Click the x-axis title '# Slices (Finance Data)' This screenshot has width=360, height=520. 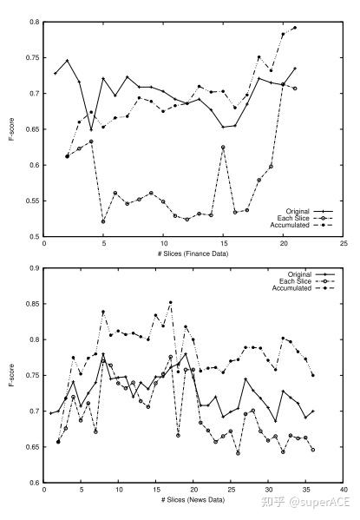[193, 253]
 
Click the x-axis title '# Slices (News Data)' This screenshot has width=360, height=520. [193, 500]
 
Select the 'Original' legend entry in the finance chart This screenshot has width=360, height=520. [310, 211]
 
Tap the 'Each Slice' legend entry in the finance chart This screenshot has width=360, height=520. [305, 218]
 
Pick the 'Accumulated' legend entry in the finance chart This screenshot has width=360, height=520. [302, 225]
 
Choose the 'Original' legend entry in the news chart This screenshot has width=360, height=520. [311, 274]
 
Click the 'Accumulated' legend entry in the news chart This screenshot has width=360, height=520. [304, 288]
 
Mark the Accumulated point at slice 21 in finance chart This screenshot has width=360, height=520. [295, 28]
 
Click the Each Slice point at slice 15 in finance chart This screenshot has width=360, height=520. [223, 147]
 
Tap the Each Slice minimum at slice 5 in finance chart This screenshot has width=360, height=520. [103, 221]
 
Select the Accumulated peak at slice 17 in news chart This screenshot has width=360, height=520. [171, 302]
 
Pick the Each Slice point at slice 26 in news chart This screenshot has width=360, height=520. [238, 453]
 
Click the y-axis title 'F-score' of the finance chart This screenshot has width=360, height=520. [12, 129]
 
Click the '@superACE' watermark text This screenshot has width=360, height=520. [319, 502]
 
